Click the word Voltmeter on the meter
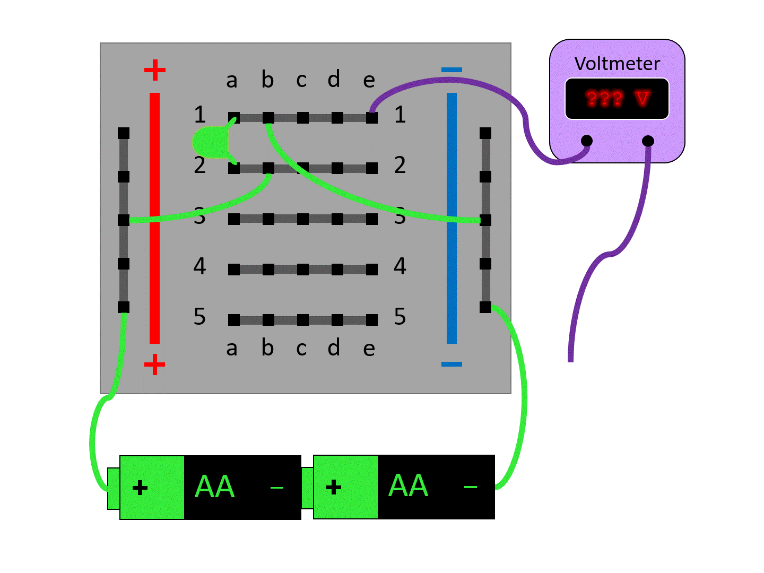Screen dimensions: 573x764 click(x=617, y=64)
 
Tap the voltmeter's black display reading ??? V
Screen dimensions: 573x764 click(x=617, y=99)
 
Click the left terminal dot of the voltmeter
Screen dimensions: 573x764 click(x=587, y=141)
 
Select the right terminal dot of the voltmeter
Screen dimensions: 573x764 click(x=648, y=141)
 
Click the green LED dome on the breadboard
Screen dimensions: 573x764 click(x=210, y=142)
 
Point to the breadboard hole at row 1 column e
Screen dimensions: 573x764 click(x=372, y=118)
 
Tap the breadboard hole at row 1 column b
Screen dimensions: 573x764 click(x=268, y=118)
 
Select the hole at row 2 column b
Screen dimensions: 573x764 click(x=268, y=168)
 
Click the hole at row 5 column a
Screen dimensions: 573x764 click(x=234, y=320)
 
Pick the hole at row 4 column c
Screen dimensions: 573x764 click(x=303, y=270)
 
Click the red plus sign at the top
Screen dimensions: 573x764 click(x=154, y=70)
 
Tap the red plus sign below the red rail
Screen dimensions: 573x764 click(x=154, y=364)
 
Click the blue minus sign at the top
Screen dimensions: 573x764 click(x=452, y=70)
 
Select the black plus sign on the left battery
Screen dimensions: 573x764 click(x=140, y=488)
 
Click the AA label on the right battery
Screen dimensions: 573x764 click(x=408, y=486)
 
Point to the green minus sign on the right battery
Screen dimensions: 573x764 click(x=470, y=487)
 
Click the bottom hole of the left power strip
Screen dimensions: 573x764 click(x=124, y=307)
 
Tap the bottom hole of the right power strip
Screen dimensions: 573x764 click(x=485, y=307)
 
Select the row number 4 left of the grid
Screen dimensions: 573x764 click(x=199, y=266)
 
